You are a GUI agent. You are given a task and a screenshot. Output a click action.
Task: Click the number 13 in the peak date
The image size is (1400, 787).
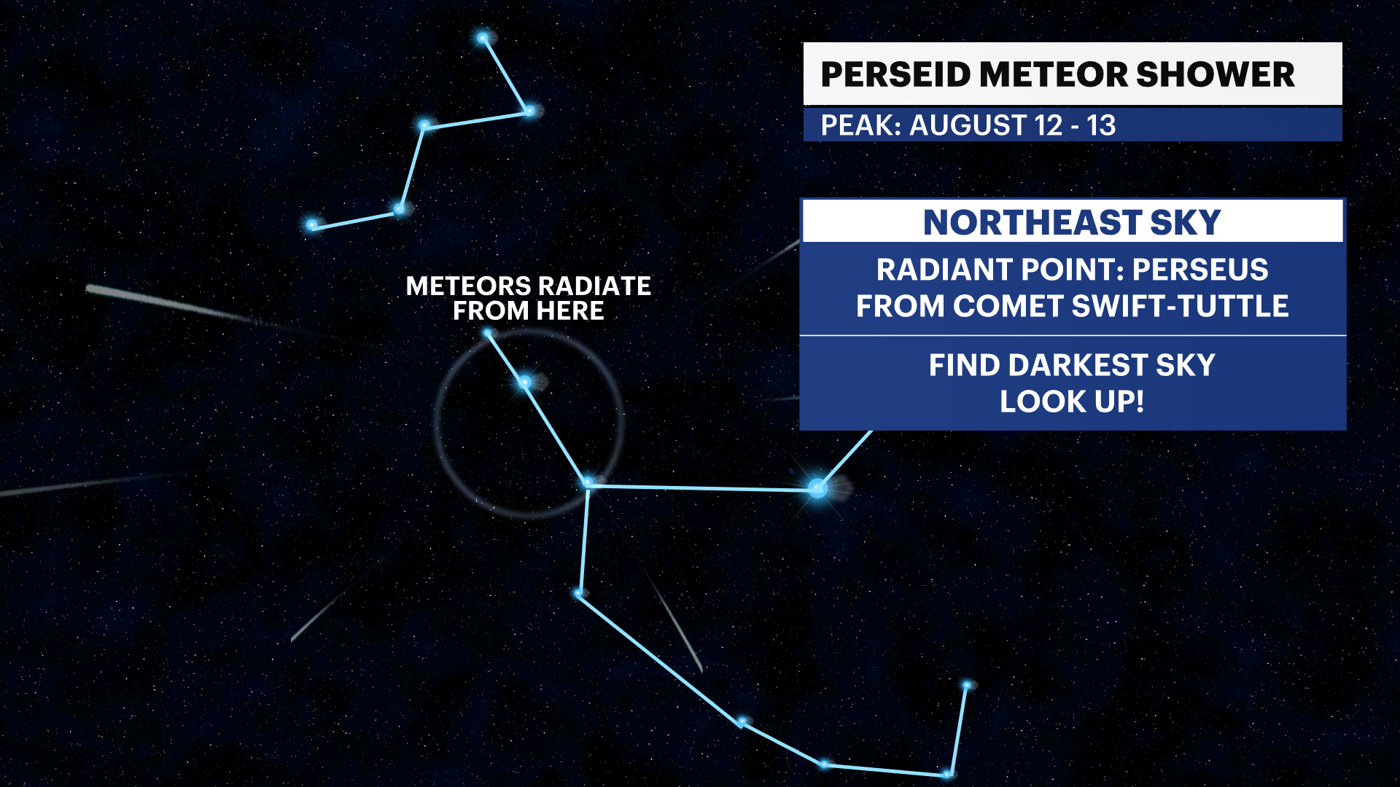pyautogui.click(x=1101, y=125)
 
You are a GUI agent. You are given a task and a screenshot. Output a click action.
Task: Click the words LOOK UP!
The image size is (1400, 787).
pyautogui.click(x=1072, y=402)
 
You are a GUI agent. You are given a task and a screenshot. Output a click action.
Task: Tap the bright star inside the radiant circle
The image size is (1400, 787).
pyautogui.click(x=524, y=382)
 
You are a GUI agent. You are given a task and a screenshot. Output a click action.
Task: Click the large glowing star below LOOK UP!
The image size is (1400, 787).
pyautogui.click(x=818, y=488)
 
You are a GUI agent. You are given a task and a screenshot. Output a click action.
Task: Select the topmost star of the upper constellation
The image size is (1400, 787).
pyautogui.click(x=483, y=38)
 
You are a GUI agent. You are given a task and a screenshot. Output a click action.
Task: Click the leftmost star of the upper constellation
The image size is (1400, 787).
pyautogui.click(x=312, y=225)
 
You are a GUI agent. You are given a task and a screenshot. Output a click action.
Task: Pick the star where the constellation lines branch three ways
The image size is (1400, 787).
pyautogui.click(x=588, y=483)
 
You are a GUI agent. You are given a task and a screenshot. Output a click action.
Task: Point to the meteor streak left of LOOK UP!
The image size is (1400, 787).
pyautogui.click(x=780, y=399)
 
